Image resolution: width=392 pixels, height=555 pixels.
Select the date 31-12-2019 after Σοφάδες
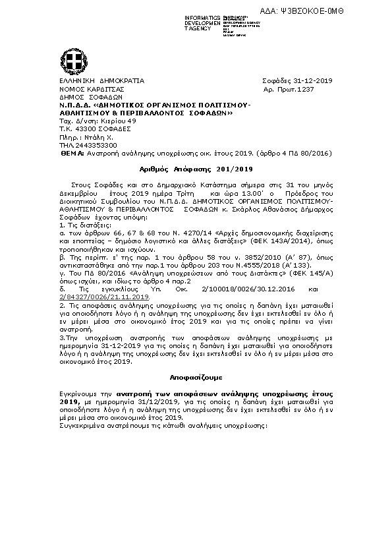tap(313, 80)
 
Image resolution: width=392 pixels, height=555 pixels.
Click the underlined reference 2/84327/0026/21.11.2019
tap(105, 298)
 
